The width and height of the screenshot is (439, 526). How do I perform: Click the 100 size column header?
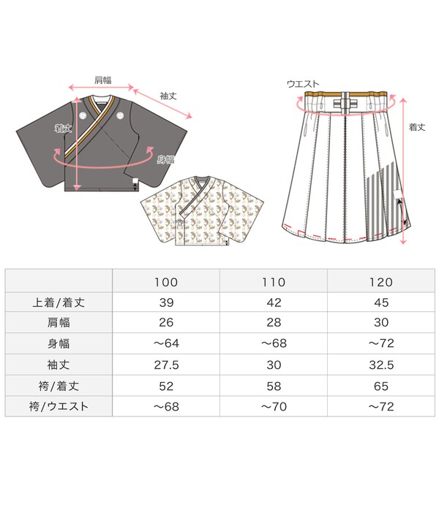166,281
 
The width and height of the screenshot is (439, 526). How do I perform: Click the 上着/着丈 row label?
59,302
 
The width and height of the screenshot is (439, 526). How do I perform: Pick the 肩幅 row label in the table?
59,322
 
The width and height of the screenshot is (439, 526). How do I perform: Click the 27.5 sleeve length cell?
166,364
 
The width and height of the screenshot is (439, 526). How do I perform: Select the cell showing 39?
166,302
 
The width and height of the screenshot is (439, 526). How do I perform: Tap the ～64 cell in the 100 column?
166,343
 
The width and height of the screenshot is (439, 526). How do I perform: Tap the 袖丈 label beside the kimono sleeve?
170,96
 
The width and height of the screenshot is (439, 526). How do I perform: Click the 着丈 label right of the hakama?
417,126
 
